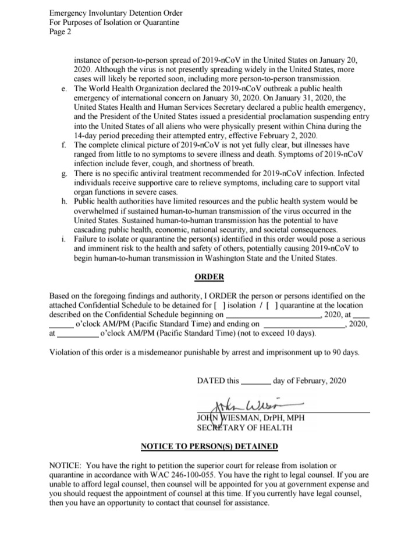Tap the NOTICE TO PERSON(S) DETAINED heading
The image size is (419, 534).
pyautogui.click(x=210, y=446)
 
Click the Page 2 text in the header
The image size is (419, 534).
pyautogui.click(x=60, y=32)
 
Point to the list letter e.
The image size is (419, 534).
pyautogui.click(x=63, y=88)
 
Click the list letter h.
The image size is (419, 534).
pyautogui.click(x=63, y=202)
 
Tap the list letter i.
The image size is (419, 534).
pyautogui.click(x=63, y=239)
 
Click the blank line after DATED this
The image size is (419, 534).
pyautogui.click(x=255, y=382)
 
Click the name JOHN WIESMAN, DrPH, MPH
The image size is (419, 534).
pyautogui.click(x=251, y=418)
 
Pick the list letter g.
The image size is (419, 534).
pyautogui.click(x=63, y=173)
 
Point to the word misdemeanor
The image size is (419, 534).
pyautogui.click(x=164, y=353)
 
